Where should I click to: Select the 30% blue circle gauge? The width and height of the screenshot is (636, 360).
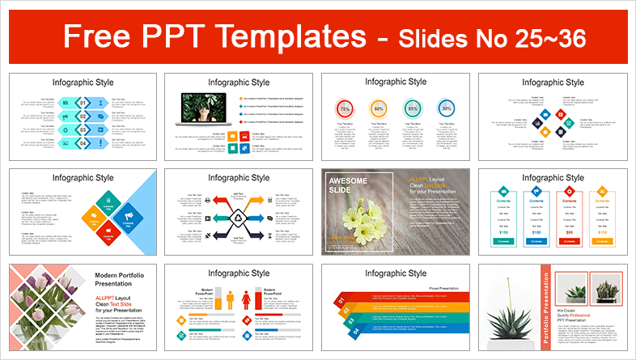point(446,108)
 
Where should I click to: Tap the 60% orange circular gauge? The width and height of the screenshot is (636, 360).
point(378,108)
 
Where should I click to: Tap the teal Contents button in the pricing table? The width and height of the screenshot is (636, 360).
point(504,241)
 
